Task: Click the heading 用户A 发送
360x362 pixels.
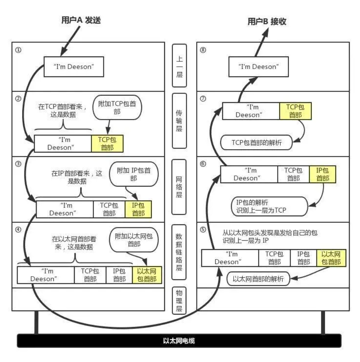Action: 81,21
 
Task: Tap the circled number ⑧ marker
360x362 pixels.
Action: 203,50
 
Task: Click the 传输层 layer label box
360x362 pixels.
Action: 179,120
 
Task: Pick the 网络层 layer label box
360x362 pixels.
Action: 179,186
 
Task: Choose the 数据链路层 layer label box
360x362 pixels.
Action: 179,251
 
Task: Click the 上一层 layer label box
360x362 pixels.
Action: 179,66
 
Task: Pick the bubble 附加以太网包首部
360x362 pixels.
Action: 133,240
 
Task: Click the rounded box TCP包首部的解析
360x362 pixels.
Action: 257,143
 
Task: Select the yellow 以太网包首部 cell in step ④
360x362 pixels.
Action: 147,275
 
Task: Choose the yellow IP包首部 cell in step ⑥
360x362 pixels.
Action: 323,174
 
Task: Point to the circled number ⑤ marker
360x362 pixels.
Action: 203,230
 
